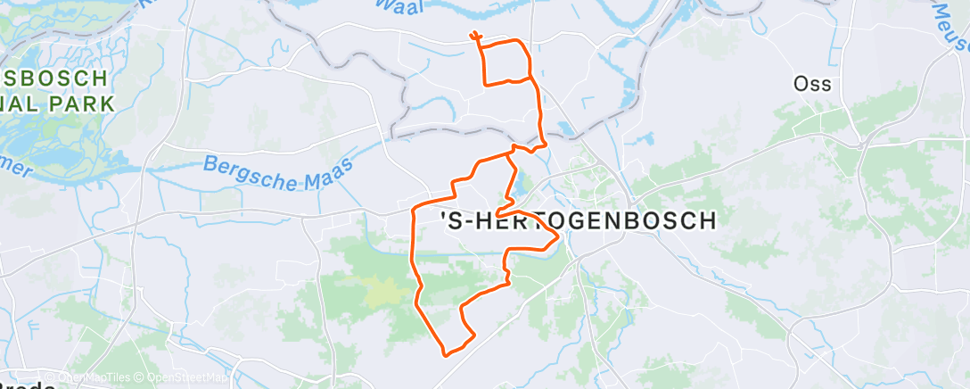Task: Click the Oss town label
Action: (x=812, y=84)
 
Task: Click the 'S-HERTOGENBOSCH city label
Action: (x=579, y=221)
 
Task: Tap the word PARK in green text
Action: (x=86, y=103)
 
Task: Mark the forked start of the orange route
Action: (x=474, y=37)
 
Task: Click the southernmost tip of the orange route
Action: (x=446, y=354)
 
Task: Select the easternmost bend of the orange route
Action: (x=558, y=236)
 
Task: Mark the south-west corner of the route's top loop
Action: (x=485, y=83)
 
